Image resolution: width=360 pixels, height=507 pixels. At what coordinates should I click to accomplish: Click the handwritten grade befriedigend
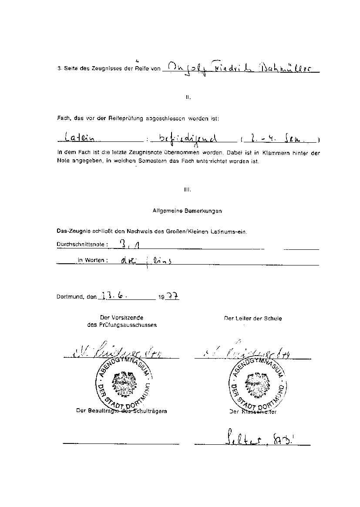[188, 139]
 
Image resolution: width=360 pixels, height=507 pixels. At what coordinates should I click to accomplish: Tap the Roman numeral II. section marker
[188, 97]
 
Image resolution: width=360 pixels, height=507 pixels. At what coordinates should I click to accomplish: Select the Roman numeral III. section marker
[188, 189]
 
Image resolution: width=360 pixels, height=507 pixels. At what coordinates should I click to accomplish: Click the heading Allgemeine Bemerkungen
[187, 211]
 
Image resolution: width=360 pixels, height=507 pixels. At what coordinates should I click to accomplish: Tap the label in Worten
[93, 260]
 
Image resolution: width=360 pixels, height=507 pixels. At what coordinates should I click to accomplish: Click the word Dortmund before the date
[70, 297]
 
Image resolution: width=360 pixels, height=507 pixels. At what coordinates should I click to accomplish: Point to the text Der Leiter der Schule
[252, 319]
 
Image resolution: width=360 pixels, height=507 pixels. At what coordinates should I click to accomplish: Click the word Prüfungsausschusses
[122, 325]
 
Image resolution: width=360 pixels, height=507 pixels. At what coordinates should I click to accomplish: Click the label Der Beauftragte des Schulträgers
[121, 410]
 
